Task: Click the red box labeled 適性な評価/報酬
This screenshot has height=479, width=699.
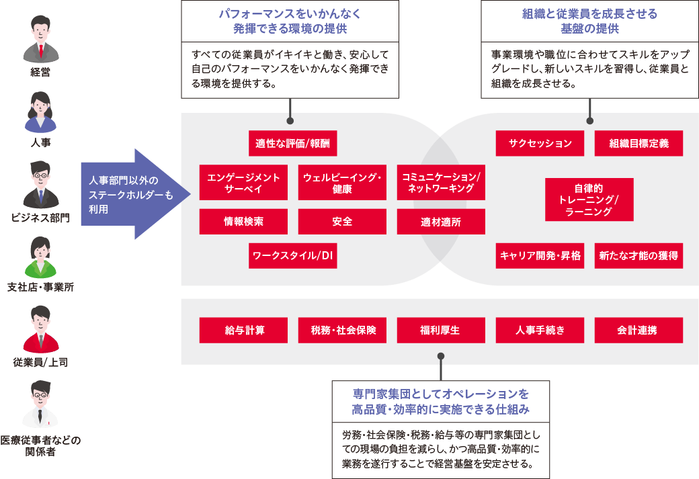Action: pos(293,143)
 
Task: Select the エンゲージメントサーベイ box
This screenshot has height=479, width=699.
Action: pos(243,182)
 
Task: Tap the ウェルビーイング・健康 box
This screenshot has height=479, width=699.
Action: pos(342,182)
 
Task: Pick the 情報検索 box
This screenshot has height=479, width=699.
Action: pos(243,221)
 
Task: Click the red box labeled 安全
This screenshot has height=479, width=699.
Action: pos(342,221)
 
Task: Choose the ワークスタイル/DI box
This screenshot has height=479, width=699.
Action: pos(293,256)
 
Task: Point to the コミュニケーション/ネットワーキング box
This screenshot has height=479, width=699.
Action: pos(441,182)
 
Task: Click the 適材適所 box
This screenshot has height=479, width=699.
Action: pos(441,221)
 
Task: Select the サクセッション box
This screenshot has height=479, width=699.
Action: pos(540,143)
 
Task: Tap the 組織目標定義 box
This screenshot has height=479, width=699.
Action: pos(639,143)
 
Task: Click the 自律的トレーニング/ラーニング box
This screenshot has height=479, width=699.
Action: pos(589,200)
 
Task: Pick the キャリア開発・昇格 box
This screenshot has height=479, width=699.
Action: pos(540,256)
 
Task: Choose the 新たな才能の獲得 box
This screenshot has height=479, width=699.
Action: pos(639,256)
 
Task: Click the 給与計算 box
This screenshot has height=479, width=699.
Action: pos(243,331)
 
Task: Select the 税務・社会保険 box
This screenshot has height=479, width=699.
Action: pos(342,331)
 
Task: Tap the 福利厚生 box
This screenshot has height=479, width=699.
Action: pos(441,331)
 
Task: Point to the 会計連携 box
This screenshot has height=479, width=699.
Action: pos(639,331)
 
